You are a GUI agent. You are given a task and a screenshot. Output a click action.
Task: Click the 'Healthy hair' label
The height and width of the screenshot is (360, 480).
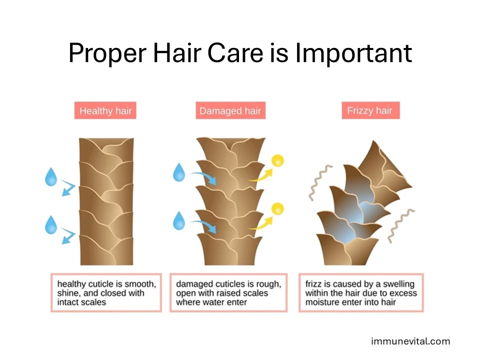(x=105, y=110)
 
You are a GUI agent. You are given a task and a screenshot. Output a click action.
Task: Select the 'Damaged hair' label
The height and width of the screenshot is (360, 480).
(x=230, y=110)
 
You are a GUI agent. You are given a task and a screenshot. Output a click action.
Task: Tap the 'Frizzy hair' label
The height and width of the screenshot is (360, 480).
(x=370, y=110)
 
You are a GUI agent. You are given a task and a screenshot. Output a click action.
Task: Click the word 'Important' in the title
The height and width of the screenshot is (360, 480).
(x=353, y=53)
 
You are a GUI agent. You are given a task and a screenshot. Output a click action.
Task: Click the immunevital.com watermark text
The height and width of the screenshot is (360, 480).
(x=410, y=341)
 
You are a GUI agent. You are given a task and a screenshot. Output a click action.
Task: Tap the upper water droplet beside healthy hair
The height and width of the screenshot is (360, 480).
(x=51, y=176)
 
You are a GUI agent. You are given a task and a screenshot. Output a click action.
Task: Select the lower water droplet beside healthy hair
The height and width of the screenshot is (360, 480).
(x=51, y=225)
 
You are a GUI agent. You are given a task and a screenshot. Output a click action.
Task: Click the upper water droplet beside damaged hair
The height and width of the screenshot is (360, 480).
(x=179, y=172)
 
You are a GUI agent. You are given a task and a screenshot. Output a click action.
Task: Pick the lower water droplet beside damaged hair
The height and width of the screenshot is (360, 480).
(x=179, y=220)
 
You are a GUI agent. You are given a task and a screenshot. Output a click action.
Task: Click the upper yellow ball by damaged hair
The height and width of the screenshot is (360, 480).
(x=277, y=160)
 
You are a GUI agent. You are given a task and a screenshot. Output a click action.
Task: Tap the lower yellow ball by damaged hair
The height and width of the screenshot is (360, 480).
(x=277, y=209)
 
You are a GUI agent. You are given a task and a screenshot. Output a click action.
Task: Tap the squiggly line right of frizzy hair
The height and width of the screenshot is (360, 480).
(x=400, y=225)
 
